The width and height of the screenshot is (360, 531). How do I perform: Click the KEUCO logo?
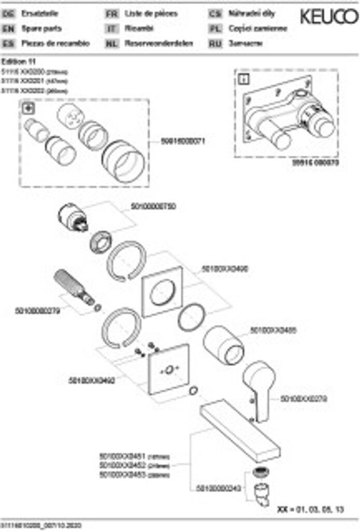(x=329, y=17)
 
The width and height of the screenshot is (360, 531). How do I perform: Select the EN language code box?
(x=9, y=29)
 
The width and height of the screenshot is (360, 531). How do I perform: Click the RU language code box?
(x=215, y=44)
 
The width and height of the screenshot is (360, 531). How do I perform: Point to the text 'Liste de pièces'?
(x=150, y=14)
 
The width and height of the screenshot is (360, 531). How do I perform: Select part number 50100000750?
(x=153, y=206)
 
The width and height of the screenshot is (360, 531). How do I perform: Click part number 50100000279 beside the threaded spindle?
(x=38, y=311)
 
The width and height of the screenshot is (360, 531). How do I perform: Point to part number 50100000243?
(x=218, y=487)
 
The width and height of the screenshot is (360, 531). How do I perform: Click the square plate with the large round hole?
(x=162, y=292)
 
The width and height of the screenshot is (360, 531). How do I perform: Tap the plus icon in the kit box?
(x=27, y=108)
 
